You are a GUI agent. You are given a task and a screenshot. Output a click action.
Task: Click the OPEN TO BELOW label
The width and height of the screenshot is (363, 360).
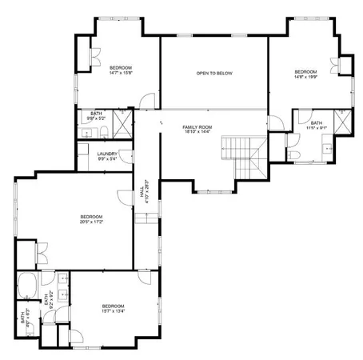click(213, 74)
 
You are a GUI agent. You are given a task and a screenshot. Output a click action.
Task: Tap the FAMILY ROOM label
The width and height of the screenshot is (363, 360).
click(196, 130)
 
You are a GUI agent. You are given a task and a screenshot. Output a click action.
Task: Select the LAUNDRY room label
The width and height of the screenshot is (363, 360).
click(108, 156)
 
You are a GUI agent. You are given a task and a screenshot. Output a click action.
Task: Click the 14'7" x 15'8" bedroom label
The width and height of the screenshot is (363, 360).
click(121, 70)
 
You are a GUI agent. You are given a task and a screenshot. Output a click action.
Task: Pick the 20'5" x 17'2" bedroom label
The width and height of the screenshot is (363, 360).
click(91, 219)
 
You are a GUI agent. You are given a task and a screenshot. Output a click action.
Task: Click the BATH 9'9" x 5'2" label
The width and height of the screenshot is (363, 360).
click(97, 117)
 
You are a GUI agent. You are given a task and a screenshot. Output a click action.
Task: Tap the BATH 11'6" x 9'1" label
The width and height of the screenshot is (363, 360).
click(317, 126)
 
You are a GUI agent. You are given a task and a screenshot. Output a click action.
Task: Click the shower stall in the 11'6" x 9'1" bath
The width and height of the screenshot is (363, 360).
click(342, 122)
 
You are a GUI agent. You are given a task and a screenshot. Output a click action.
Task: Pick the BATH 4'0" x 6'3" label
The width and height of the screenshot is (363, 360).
click(23, 318)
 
